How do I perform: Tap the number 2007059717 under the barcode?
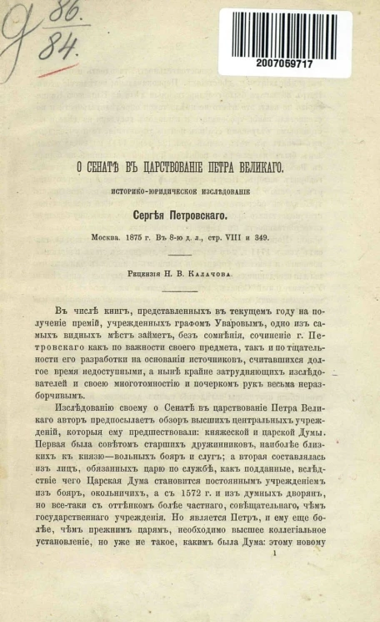click(x=285, y=63)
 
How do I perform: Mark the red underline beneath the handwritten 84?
click(x=58, y=70)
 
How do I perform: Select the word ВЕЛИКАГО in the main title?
click(x=255, y=166)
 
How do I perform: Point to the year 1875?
click(x=133, y=236)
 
